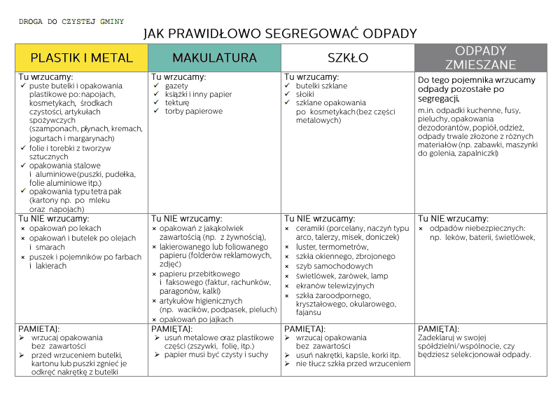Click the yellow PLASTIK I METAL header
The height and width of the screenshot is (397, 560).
tap(81, 58)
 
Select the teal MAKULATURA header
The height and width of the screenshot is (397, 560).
tap(214, 58)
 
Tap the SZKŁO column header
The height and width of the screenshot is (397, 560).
tap(348, 58)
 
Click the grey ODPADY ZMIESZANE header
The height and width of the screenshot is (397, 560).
tap(480, 58)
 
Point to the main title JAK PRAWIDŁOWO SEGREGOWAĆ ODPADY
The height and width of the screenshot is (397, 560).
tap(280, 34)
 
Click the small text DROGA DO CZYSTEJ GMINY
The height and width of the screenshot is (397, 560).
tap(71, 22)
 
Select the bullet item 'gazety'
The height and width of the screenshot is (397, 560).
tap(176, 86)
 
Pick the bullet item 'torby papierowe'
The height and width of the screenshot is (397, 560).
tap(194, 111)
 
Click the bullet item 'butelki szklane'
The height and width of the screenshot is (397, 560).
tap(321, 86)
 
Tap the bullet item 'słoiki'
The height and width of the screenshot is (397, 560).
tap(305, 94)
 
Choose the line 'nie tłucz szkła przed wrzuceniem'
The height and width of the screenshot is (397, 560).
tap(353, 364)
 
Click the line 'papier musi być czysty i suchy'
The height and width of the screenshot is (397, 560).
tap(216, 355)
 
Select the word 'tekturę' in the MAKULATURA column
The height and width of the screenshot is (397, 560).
tap(177, 102)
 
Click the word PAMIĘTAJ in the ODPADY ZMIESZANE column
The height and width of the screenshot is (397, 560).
tap(438, 328)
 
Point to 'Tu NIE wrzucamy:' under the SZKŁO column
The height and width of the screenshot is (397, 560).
tap(317, 219)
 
